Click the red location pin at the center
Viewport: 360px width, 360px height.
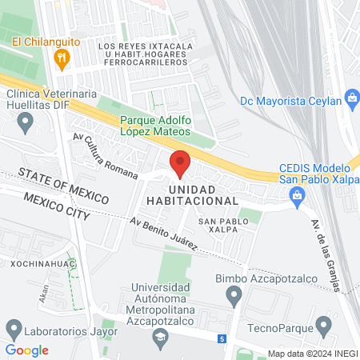point(181,162)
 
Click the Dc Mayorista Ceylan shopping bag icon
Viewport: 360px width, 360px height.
point(351,99)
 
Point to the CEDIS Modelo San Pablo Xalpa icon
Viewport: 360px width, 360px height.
point(298,194)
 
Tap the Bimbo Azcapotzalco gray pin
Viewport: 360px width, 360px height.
point(234,298)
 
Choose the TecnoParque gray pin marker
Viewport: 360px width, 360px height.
point(324,326)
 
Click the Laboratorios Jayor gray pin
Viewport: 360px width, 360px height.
point(14,328)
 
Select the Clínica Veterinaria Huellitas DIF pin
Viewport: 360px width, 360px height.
point(26,123)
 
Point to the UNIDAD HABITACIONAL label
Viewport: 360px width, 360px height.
point(192,194)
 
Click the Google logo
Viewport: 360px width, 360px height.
point(26,350)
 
